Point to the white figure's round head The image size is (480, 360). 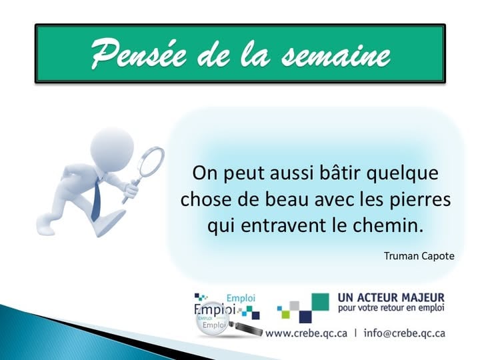click(x=110, y=143)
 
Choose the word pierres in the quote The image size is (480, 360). click(x=423, y=199)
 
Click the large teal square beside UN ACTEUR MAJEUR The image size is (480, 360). click(x=320, y=301)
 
